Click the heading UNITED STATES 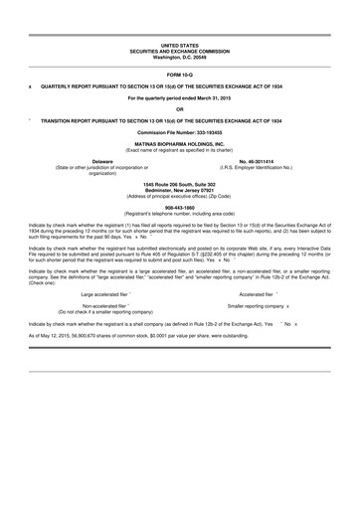tap(180, 46)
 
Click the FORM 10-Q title tap(180, 75)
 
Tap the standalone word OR tap(180, 108)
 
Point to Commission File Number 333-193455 tap(180, 132)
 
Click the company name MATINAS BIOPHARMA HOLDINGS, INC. tap(180, 143)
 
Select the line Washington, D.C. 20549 tap(180, 58)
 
